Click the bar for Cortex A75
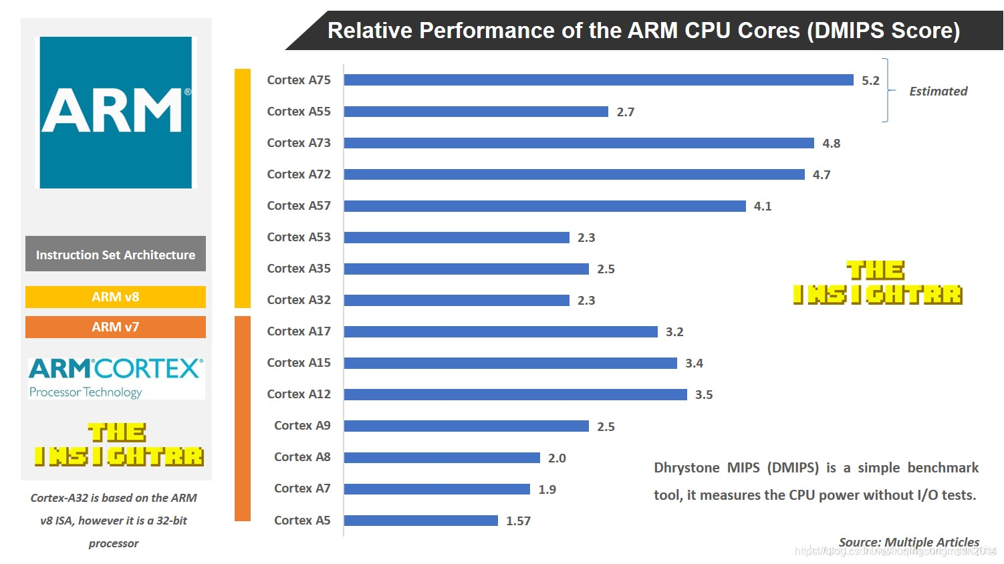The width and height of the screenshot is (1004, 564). tap(598, 80)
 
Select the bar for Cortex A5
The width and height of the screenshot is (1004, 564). tap(421, 521)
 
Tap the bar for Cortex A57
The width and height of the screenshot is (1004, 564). tap(545, 206)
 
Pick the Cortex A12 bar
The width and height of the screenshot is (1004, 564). tap(515, 394)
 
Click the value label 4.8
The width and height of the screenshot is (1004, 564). tap(831, 144)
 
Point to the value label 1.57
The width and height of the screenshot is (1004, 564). tap(518, 521)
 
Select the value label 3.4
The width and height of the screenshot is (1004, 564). tap(694, 364)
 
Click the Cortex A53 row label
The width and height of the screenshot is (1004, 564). tap(299, 237)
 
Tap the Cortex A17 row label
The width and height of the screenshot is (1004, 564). tap(299, 331)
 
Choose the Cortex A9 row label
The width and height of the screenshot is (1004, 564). tap(302, 426)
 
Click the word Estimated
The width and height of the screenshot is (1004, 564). tap(938, 92)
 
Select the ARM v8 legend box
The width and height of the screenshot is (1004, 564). tap(116, 297)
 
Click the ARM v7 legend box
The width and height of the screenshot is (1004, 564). tap(116, 327)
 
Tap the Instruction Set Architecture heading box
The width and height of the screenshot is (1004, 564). tap(116, 254)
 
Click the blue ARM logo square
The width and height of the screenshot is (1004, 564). tap(116, 112)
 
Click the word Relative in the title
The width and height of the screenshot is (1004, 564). tap(370, 31)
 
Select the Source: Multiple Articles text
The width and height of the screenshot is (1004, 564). tap(909, 542)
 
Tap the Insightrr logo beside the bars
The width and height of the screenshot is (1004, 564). tap(877, 283)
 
